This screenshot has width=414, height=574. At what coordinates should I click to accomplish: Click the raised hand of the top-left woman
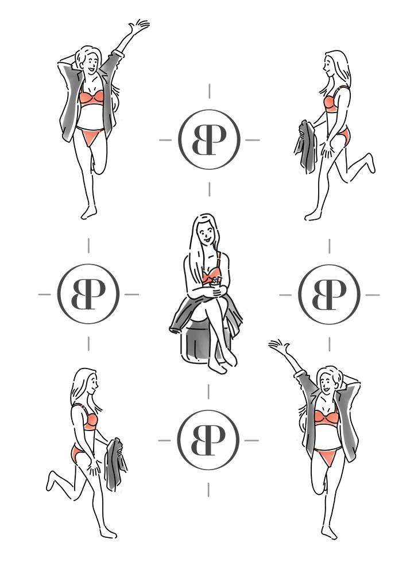(139, 27)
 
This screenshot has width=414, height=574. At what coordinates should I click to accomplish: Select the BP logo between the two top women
(209, 140)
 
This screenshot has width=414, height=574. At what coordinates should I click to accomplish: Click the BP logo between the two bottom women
(208, 440)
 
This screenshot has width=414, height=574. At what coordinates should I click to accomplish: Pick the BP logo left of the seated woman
(88, 294)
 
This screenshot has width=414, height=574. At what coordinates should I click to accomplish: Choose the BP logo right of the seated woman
(329, 294)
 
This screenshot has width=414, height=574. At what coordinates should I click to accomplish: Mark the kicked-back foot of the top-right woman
(371, 163)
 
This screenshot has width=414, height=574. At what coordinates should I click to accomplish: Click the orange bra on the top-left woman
(91, 98)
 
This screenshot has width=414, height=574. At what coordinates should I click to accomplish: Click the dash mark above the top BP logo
(210, 91)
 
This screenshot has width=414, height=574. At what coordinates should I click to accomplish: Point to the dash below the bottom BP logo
(208, 490)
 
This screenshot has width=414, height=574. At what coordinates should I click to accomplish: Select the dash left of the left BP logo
(45, 294)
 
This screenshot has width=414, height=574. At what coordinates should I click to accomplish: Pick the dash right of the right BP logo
(373, 295)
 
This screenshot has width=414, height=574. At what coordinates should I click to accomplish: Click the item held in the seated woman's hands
(215, 281)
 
